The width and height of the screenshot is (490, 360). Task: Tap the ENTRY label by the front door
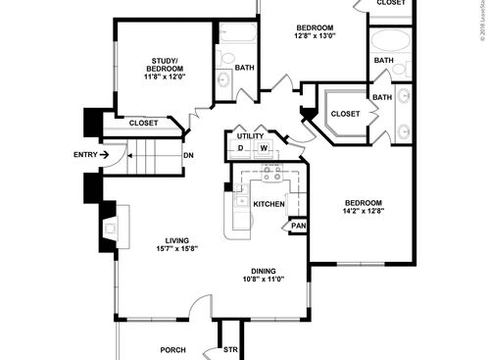click(85, 154)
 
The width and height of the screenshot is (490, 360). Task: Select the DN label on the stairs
click(188, 154)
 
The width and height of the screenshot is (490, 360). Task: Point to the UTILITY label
click(250, 135)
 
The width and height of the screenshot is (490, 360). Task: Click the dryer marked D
click(240, 149)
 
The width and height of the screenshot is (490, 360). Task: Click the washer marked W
click(264, 149)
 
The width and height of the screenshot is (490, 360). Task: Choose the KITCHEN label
click(269, 204)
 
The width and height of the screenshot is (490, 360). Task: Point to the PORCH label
click(172, 349)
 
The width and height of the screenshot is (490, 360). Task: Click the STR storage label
click(231, 349)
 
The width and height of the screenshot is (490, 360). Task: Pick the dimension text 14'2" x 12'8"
click(364, 209)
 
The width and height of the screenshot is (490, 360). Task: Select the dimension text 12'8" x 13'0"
click(314, 35)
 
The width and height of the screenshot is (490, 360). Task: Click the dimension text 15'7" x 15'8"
click(176, 248)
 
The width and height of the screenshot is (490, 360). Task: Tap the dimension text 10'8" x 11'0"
click(263, 280)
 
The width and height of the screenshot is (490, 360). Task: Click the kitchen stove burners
click(272, 175)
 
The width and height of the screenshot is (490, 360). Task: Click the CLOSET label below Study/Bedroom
click(146, 123)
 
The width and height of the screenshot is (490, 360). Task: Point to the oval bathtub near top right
click(390, 41)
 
